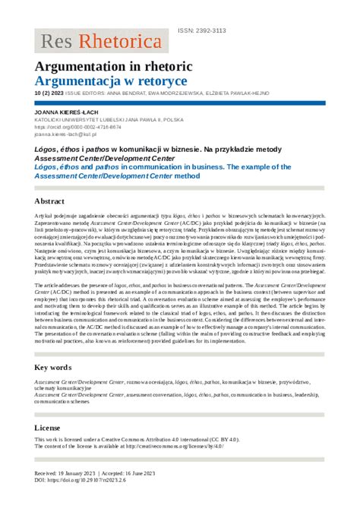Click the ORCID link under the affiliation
pyautogui.click(x=73, y=127)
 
